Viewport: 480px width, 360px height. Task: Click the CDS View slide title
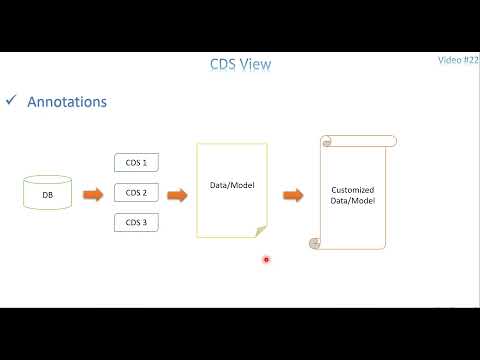click(x=239, y=65)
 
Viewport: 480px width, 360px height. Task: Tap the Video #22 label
click(x=458, y=60)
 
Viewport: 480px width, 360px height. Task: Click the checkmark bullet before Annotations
click(x=11, y=101)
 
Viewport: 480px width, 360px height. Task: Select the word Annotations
click(x=67, y=102)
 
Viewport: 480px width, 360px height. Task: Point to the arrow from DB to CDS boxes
click(x=92, y=193)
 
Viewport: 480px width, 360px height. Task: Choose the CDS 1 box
click(x=137, y=163)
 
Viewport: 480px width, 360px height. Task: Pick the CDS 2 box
click(x=137, y=192)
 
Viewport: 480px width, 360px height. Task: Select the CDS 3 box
click(x=137, y=221)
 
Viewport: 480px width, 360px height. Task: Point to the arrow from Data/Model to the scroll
click(x=293, y=193)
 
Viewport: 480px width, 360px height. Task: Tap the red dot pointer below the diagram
click(x=266, y=259)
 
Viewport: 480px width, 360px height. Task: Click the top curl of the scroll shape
click(x=325, y=141)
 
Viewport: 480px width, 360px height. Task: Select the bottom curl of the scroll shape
click(x=314, y=243)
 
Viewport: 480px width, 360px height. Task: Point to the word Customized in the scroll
click(x=353, y=189)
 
